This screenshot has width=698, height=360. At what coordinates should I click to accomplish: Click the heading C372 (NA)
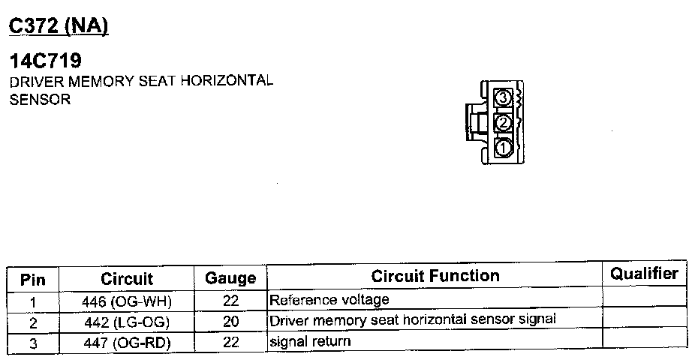pos(59,26)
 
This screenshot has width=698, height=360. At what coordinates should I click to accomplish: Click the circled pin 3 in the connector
pos(504,97)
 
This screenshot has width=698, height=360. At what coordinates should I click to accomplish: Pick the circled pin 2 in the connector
pos(504,122)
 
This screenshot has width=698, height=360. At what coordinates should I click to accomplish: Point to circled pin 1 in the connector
pos(504,148)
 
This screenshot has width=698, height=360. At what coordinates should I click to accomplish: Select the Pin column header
pos(33,280)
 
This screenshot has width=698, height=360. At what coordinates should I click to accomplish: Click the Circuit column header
pos(127,279)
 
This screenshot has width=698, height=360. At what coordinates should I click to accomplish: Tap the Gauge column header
pos(230,279)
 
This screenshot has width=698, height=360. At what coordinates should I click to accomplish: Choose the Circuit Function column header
pos(435,276)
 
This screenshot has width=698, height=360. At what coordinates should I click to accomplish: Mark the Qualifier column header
pos(644,274)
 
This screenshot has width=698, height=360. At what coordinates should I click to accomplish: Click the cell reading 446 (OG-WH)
pos(127,302)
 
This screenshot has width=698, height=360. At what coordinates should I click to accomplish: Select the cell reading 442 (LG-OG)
pos(127,322)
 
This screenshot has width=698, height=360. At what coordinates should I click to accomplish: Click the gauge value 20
pos(230,322)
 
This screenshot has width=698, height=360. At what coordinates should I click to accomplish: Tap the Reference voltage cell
pos(329,300)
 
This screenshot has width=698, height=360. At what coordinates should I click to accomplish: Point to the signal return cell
pos(310,341)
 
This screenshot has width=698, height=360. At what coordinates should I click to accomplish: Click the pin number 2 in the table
pos(33,322)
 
